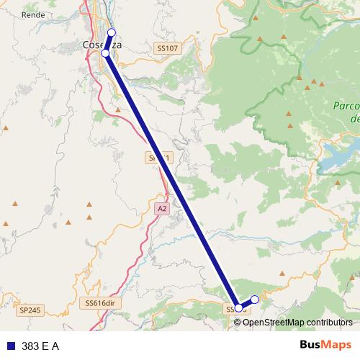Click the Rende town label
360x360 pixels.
[33, 14]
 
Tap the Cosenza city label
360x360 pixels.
[102, 45]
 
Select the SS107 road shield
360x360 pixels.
[166, 48]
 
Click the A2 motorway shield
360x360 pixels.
[162, 208]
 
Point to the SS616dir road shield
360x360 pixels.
[99, 304]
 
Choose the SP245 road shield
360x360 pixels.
[31, 310]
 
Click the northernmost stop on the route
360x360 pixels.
[111, 32]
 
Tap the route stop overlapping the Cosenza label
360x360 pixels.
[106, 53]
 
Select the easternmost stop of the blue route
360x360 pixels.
[254, 299]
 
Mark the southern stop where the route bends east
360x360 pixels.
[239, 308]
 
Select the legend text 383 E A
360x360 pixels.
[40, 346]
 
